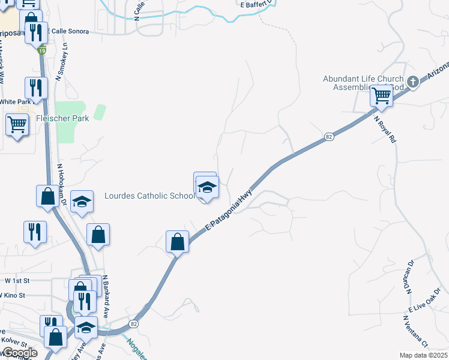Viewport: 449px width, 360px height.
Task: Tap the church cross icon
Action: coord(412,82)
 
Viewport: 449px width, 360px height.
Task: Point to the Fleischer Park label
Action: coord(62,118)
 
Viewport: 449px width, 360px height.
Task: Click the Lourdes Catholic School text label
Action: coord(149,196)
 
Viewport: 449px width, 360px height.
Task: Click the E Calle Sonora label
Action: coord(74,31)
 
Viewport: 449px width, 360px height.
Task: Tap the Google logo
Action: coord(19,353)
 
